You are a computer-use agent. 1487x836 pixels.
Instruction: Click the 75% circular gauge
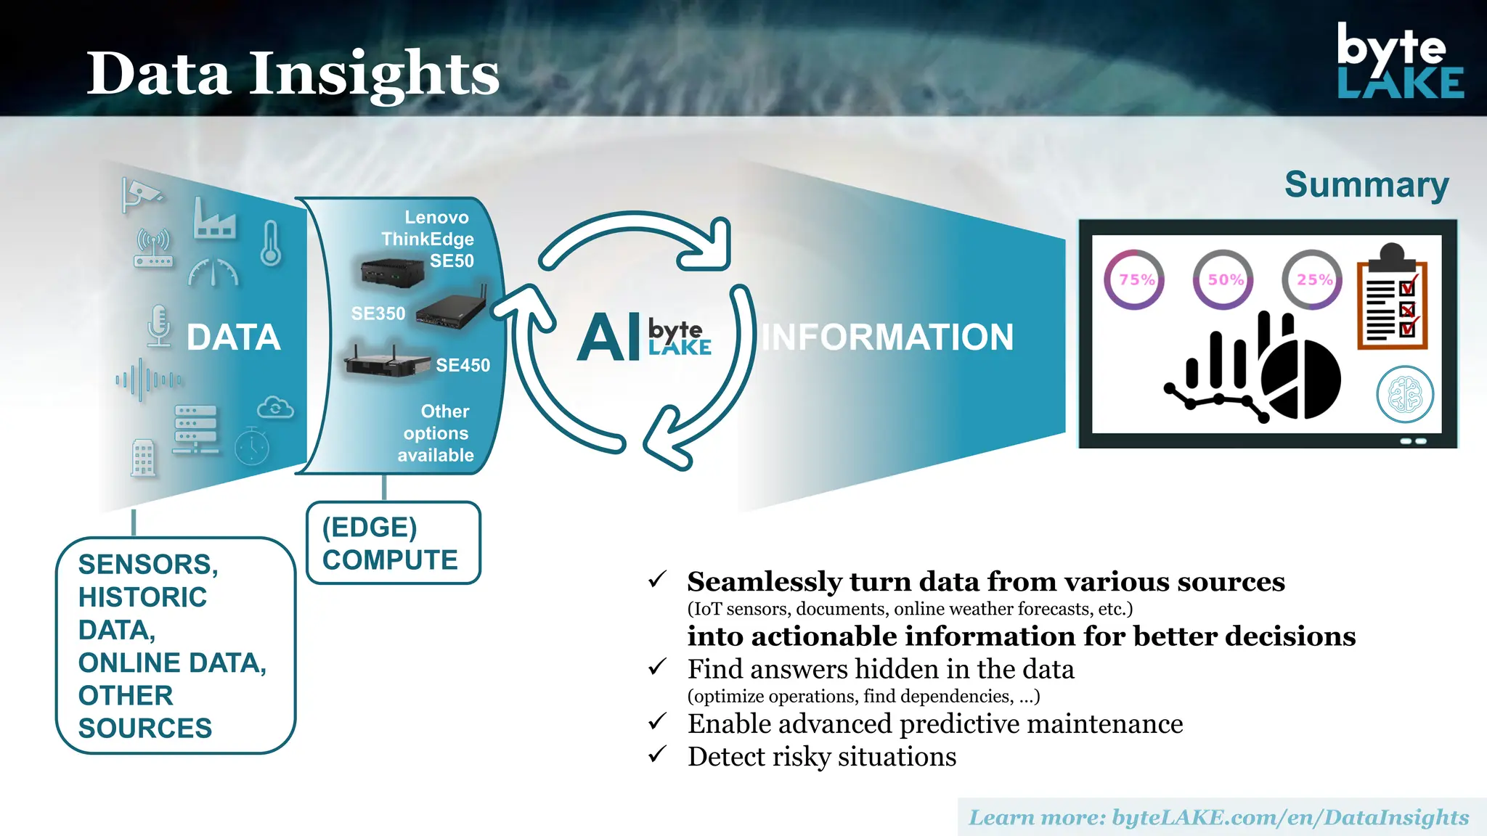tap(1134, 279)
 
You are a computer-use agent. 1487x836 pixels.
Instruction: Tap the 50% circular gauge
tap(1223, 279)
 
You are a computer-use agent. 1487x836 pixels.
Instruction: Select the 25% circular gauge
tap(1312, 279)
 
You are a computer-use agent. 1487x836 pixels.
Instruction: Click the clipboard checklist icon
tap(1393, 299)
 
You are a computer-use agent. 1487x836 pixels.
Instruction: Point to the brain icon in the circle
tap(1405, 395)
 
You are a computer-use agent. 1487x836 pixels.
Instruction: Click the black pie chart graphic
tap(1302, 379)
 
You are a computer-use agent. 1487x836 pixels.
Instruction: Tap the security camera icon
tap(142, 194)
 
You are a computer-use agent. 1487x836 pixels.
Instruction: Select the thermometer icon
tap(271, 243)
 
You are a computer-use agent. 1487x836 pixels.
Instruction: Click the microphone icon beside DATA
tap(158, 325)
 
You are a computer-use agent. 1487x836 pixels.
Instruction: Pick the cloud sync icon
tap(275, 408)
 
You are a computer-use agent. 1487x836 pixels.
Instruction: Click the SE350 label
tap(378, 313)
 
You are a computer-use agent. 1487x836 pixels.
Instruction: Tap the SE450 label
tap(463, 365)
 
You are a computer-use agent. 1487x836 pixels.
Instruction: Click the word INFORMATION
tap(887, 337)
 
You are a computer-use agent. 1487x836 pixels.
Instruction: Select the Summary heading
tap(1366, 185)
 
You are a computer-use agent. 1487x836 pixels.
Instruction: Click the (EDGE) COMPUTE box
tap(393, 543)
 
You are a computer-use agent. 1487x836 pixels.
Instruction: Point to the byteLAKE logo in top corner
tap(1400, 62)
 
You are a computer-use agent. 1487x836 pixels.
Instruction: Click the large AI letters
tap(608, 338)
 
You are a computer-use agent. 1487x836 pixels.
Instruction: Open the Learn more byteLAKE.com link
tap(1219, 818)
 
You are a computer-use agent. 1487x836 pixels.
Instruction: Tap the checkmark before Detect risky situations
tap(658, 755)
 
